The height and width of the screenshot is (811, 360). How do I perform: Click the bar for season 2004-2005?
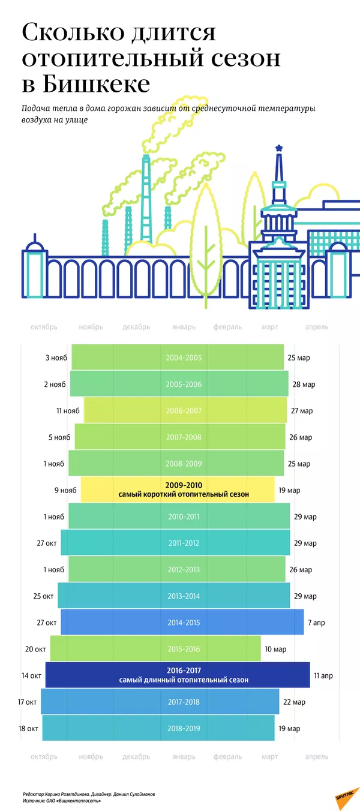(178, 358)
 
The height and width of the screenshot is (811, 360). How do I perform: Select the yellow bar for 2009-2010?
(178, 490)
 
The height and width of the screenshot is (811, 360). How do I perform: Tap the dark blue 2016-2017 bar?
(178, 675)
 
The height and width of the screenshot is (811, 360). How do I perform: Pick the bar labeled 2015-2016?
(156, 649)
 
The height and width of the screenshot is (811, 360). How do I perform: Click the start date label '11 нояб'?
(67, 411)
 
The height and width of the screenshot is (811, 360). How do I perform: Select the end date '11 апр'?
(323, 675)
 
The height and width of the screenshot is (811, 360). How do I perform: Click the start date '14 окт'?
(32, 675)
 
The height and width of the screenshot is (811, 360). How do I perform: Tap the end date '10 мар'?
(275, 649)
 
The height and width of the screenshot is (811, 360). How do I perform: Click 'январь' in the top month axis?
(184, 327)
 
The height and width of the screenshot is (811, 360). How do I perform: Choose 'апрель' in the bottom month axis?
(316, 757)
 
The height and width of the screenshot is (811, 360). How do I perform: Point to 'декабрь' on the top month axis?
(136, 327)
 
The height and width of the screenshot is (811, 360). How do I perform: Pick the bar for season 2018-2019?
(158, 728)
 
